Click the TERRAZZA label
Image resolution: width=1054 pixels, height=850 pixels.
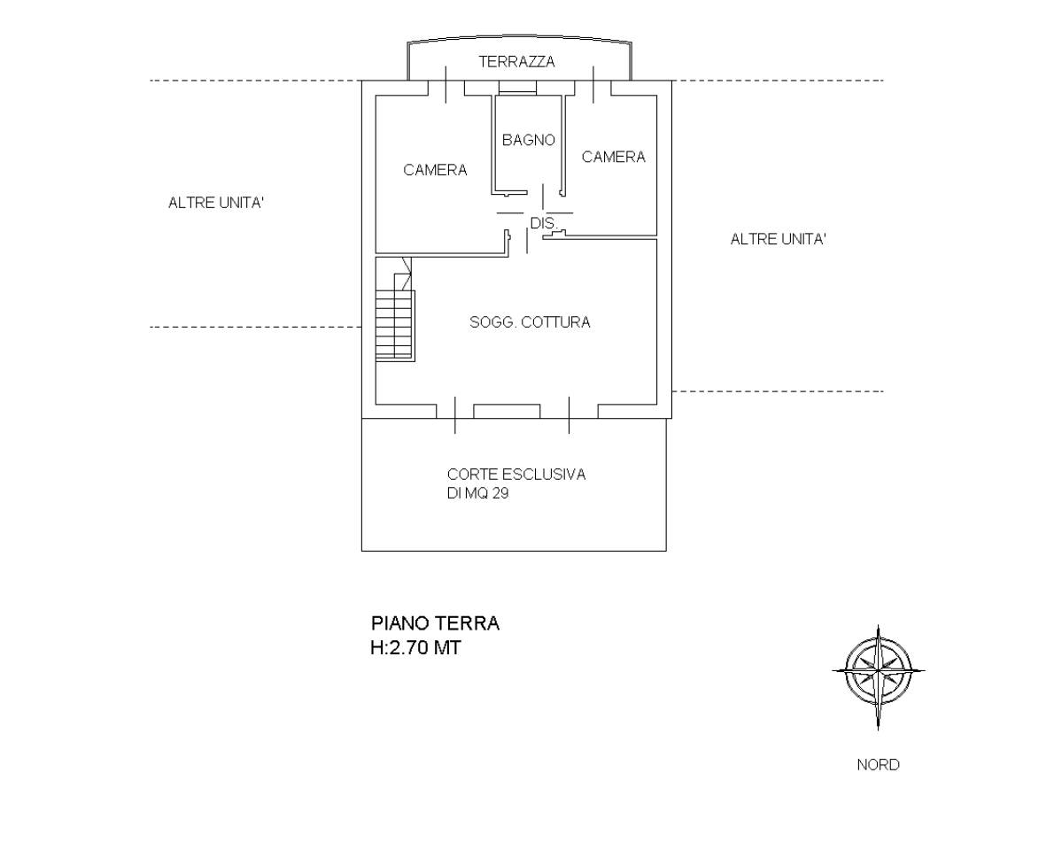516,62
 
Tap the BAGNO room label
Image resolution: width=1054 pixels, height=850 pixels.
528,140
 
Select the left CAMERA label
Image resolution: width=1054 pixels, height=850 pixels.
435,170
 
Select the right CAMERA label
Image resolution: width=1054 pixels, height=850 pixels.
614,157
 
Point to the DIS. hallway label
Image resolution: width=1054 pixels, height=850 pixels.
543,223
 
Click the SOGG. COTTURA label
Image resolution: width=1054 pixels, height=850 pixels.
530,322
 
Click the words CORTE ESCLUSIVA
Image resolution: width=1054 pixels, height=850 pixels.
516,475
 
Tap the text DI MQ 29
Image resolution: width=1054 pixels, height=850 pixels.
477,495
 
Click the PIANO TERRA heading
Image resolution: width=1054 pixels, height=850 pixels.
435,623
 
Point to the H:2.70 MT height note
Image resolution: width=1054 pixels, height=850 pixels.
415,648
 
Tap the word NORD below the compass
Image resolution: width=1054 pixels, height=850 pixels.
878,765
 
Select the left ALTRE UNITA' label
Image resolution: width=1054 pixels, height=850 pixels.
217,203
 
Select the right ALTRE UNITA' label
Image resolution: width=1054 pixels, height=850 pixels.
779,239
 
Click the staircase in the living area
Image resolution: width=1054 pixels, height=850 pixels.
394,324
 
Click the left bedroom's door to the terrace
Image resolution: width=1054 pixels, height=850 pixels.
446,88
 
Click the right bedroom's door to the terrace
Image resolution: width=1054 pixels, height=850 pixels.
593,88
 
